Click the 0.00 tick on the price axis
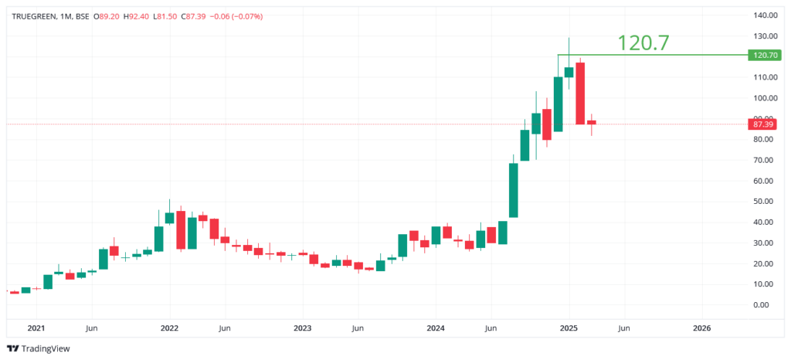coord(764,304)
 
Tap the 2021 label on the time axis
coord(36,328)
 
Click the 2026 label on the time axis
coord(701,328)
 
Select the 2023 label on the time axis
coord(302,328)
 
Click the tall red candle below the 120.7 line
coord(580,93)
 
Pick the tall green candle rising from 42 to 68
coord(513,190)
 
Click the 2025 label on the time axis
coord(569,328)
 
